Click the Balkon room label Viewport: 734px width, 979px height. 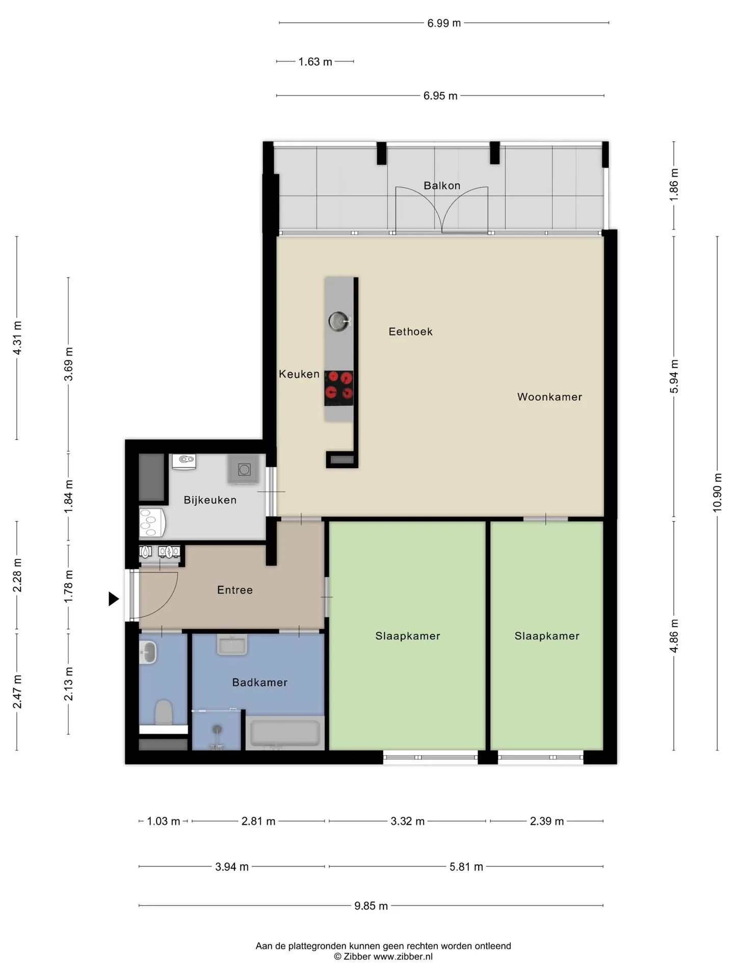pyautogui.click(x=442, y=186)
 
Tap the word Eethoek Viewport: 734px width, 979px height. pyautogui.click(x=410, y=331)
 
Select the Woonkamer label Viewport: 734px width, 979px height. pyautogui.click(x=549, y=397)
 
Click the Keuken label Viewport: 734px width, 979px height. pyautogui.click(x=299, y=374)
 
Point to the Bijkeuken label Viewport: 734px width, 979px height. pyautogui.click(x=210, y=500)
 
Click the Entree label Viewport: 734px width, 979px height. pyautogui.click(x=235, y=590)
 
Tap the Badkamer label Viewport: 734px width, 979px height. pyautogui.click(x=259, y=682)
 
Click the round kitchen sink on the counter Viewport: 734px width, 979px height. pyautogui.click(x=338, y=321)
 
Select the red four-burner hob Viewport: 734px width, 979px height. pyautogui.click(x=339, y=388)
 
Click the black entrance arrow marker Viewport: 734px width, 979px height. pyautogui.click(x=114, y=599)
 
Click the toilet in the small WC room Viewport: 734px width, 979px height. pyautogui.click(x=164, y=712)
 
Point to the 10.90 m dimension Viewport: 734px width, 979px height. pyautogui.click(x=717, y=492)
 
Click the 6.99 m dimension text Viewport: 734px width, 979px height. pyautogui.click(x=444, y=23)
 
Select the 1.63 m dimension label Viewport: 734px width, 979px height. pyautogui.click(x=315, y=62)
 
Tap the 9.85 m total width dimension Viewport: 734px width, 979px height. pyautogui.click(x=371, y=906)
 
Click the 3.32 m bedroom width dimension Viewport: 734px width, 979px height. pyautogui.click(x=408, y=821)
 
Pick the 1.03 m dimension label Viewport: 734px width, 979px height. pyautogui.click(x=164, y=821)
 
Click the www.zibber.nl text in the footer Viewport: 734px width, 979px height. pyautogui.click(x=403, y=957)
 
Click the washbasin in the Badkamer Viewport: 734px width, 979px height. pyautogui.click(x=232, y=645)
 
